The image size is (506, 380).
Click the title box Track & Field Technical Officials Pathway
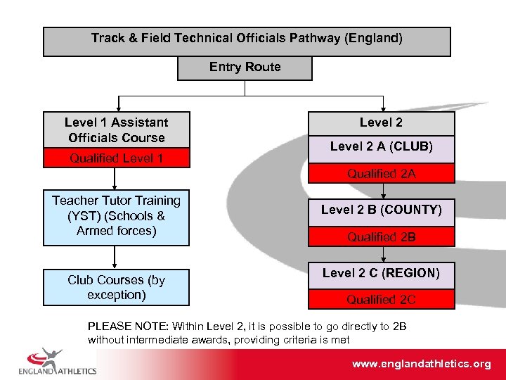[247, 42]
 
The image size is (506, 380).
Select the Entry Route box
[245, 68]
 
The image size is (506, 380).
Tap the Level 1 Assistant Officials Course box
[117, 129]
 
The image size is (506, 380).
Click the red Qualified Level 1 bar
[117, 158]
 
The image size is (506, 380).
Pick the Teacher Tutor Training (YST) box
[117, 216]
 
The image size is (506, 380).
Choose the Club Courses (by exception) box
[117, 287]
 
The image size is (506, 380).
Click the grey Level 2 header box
[381, 123]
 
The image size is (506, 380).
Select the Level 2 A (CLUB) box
[381, 147]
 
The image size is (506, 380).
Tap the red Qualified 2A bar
[381, 173]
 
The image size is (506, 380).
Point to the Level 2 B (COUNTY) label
[381, 210]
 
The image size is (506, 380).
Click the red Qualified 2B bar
[381, 237]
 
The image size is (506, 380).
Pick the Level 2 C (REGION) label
[381, 272]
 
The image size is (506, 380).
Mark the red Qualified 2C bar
[381, 300]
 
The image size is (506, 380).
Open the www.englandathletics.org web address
[421, 364]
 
